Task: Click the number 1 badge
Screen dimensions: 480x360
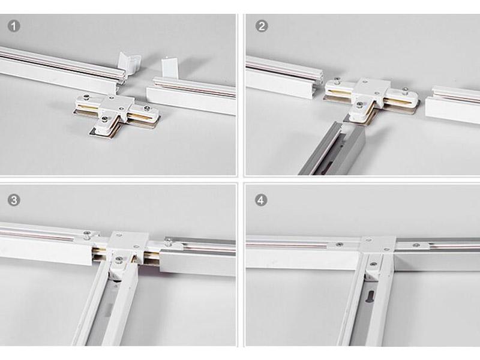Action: tap(13, 26)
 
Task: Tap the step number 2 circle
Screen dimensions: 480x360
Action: tap(261, 26)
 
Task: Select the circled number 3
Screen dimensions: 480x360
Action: tap(13, 200)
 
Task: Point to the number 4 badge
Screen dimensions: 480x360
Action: tap(261, 200)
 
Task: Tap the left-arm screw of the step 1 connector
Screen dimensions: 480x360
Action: tap(87, 98)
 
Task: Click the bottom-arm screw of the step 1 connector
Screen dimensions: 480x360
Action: tap(104, 120)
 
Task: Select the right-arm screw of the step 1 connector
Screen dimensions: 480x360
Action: tap(147, 108)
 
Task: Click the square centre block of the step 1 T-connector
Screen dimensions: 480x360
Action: tap(118, 106)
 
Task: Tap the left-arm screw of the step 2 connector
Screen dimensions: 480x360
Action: tap(337, 81)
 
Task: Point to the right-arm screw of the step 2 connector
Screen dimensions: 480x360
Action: tap(406, 91)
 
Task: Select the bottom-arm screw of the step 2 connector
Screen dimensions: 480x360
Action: tap(359, 106)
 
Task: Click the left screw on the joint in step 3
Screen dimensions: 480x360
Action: tap(87, 234)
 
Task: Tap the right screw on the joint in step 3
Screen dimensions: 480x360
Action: tap(168, 243)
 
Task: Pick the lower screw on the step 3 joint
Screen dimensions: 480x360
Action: tap(118, 260)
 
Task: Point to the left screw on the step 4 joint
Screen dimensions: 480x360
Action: tap(339, 244)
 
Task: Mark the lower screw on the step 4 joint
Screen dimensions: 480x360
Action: tap(373, 264)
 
